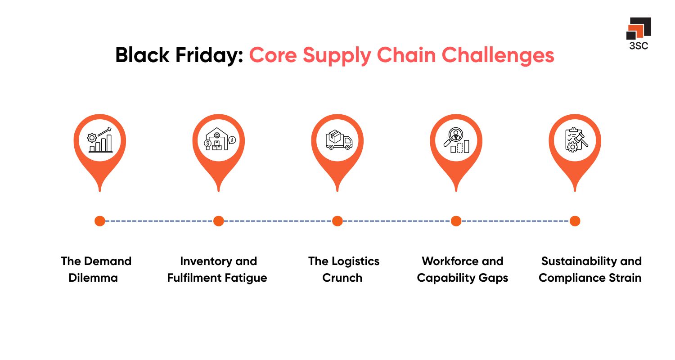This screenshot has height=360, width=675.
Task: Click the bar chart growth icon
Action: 100,140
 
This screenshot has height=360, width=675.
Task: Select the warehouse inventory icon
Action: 219,140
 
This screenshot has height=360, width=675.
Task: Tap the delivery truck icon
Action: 337,140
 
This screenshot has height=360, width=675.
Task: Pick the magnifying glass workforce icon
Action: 456,140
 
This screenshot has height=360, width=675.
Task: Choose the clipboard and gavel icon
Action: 575,140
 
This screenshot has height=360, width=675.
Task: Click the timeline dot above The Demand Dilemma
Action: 100,221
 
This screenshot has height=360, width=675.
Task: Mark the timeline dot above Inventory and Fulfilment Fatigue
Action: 219,221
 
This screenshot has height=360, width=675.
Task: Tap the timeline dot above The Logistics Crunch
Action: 337,221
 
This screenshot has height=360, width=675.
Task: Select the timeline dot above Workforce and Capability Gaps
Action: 456,221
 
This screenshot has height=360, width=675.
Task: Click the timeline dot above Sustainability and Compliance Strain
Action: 575,221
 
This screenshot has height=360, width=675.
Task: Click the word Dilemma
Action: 93,278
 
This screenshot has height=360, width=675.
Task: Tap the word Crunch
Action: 342,278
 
